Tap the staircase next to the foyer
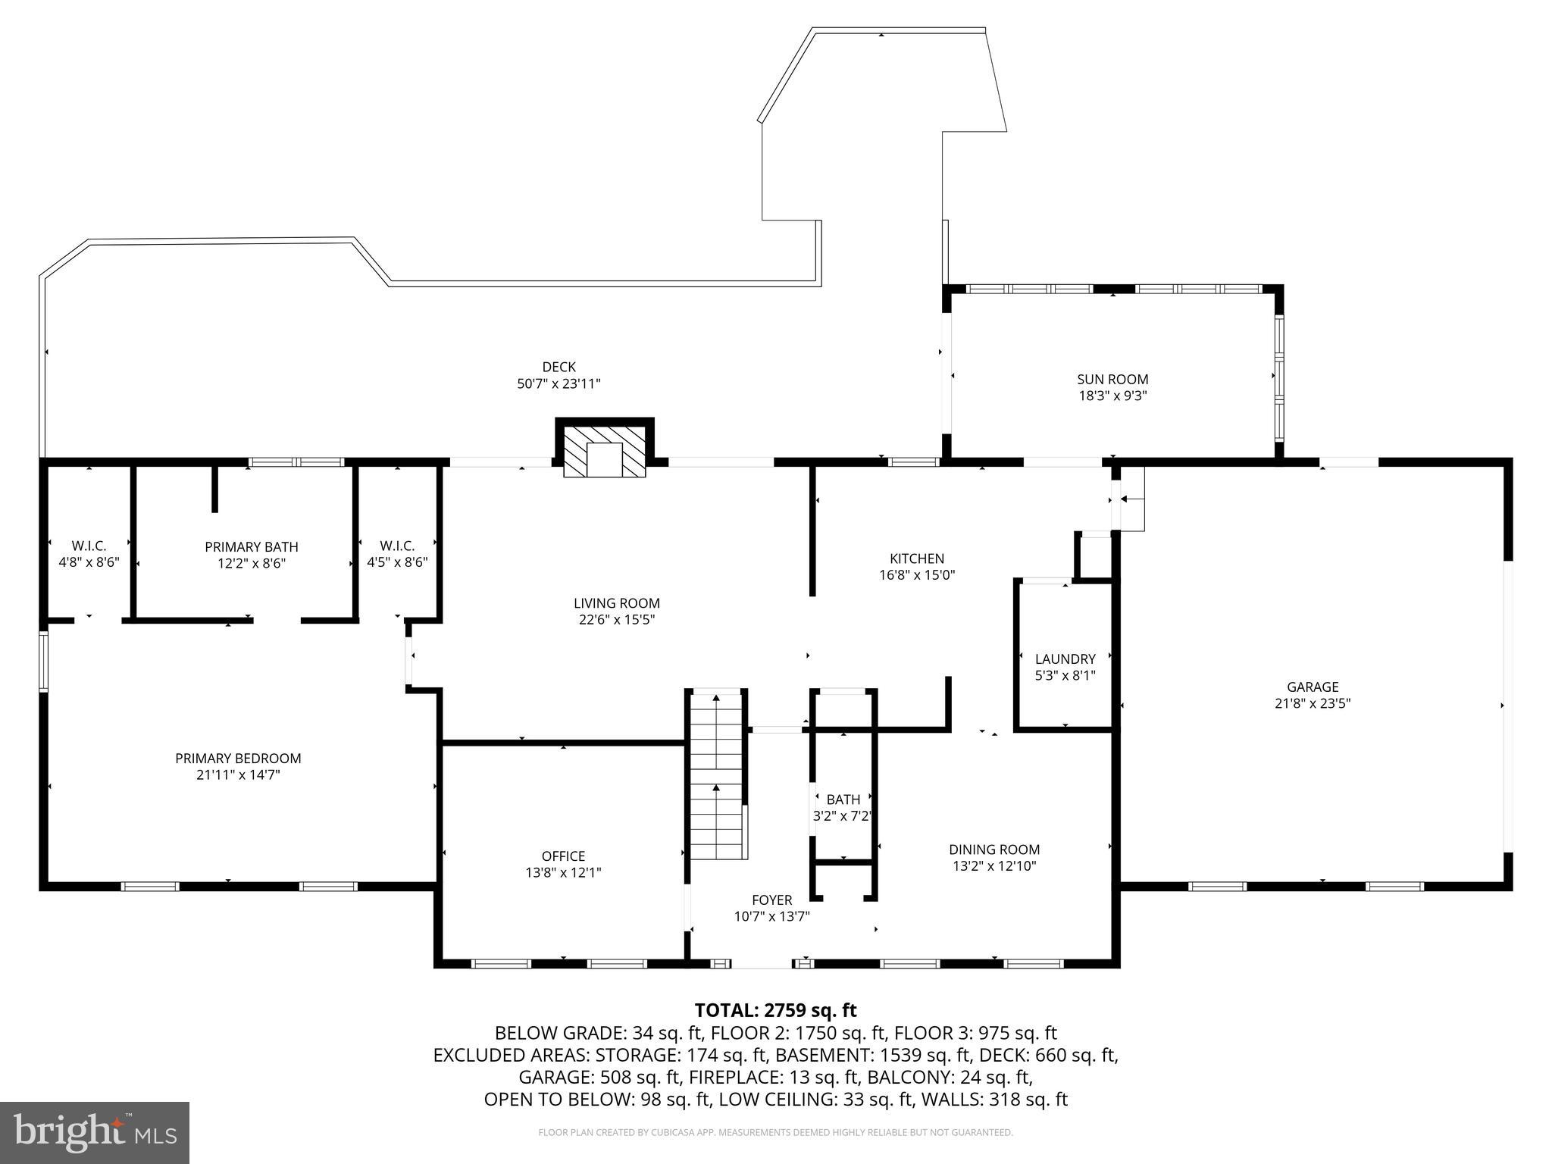coord(717,777)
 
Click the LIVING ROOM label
coord(616,603)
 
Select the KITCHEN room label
coord(917,559)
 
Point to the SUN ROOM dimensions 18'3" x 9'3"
coord(1112,396)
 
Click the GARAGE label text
coord(1313,687)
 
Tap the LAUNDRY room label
coord(1065,659)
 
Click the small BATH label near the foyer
coord(843,799)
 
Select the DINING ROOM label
coord(994,850)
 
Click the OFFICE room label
coord(563,856)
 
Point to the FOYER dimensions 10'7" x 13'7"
coord(771,916)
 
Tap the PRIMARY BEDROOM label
coord(238,758)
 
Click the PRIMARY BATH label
coord(252,546)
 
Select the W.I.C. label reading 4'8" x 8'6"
coord(89,554)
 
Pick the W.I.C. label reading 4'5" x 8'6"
coord(397,554)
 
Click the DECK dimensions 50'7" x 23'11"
coord(559,384)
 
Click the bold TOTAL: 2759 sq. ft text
coord(775,1010)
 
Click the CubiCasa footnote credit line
coord(775,1133)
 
